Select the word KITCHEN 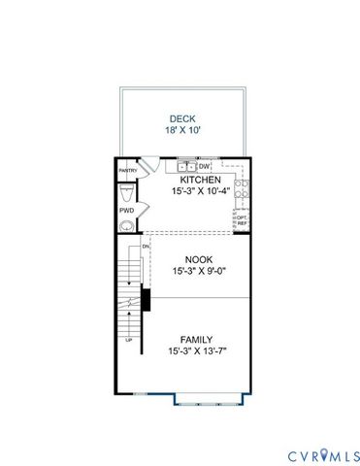[x=200, y=181]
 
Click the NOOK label [x=199, y=260]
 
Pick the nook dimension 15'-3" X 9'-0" [x=199, y=273]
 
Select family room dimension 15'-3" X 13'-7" [x=197, y=352]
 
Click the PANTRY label [x=127, y=170]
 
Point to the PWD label [x=126, y=209]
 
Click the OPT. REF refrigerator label [x=242, y=220]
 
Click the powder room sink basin [x=126, y=227]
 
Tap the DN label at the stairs [x=146, y=247]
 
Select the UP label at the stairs [x=128, y=341]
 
